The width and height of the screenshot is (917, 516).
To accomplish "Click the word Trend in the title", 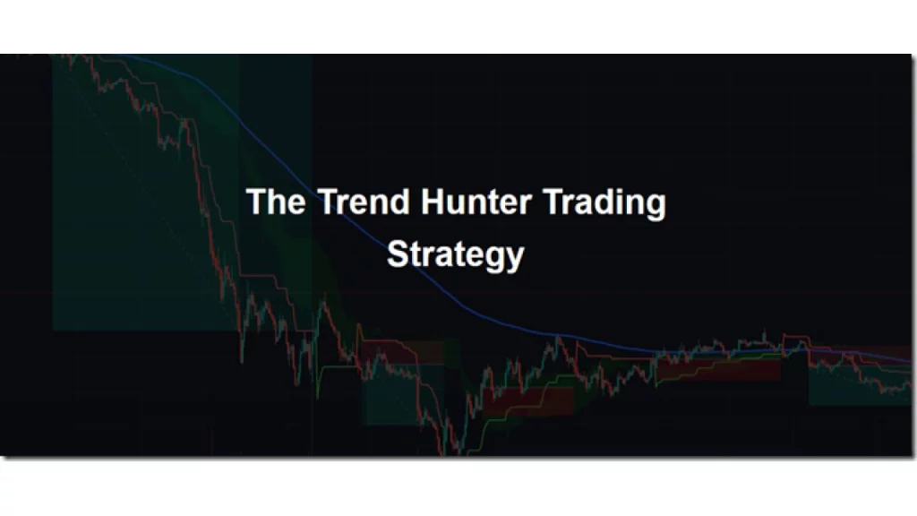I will pyautogui.click(x=353, y=202).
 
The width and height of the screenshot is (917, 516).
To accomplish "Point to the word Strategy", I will pyautogui.click(x=455, y=254).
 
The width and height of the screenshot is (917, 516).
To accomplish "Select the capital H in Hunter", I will pyautogui.click(x=433, y=202).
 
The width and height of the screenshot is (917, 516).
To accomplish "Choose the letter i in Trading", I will pyautogui.click(x=618, y=202).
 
